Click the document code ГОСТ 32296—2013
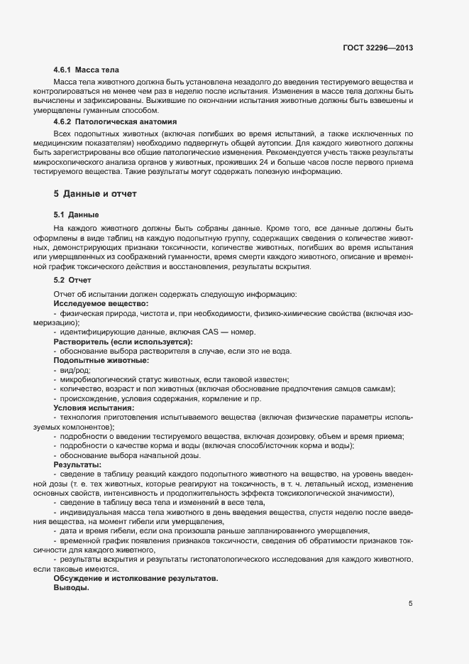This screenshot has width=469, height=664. click(378, 48)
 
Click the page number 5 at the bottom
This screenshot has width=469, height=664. click(410, 604)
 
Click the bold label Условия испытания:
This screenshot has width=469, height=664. click(94, 408)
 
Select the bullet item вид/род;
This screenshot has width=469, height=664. click(77, 370)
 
